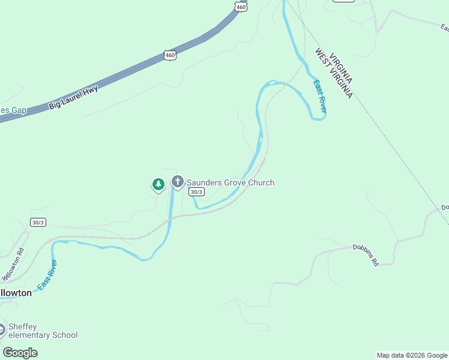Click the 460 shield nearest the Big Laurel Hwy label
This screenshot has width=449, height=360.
click(x=170, y=55)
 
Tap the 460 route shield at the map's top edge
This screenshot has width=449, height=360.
click(x=240, y=6)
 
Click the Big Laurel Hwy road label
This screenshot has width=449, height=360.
click(x=73, y=97)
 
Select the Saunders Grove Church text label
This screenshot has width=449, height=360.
click(x=231, y=182)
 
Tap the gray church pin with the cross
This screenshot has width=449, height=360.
click(x=177, y=181)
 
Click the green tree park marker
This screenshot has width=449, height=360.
click(x=158, y=184)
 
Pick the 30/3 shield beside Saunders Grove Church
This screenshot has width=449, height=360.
click(x=196, y=192)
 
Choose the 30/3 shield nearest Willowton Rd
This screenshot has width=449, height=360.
click(x=38, y=222)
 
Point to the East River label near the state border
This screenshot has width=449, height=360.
click(x=320, y=96)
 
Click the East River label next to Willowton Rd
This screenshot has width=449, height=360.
click(x=47, y=275)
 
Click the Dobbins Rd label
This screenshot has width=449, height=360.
click(x=366, y=254)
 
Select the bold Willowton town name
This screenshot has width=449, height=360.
click(x=15, y=293)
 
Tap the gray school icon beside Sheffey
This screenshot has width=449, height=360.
click(x=2, y=329)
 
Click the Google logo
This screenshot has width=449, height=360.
click(x=20, y=353)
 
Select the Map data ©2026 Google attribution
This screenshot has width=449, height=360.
click(x=412, y=355)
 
